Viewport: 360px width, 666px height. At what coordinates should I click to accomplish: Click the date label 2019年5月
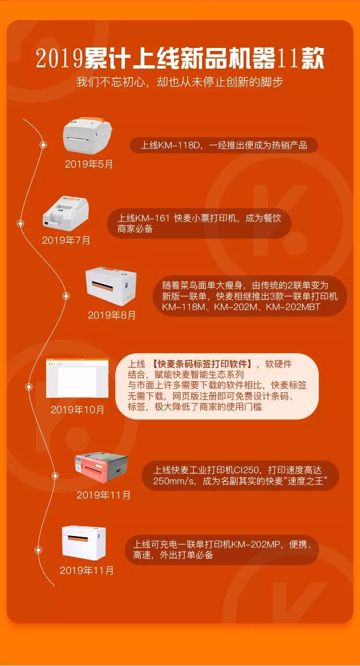(x=89, y=164)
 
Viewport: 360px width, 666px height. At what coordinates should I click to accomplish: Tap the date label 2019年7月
(x=66, y=240)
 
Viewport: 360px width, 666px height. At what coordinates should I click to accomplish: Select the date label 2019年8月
(x=112, y=315)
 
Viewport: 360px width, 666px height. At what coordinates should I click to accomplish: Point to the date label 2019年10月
(x=77, y=410)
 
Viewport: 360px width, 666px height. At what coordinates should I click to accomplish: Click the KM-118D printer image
(x=87, y=136)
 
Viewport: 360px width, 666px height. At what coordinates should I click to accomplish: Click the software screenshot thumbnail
(x=77, y=378)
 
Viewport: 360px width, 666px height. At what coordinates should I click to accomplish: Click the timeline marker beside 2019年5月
(x=43, y=145)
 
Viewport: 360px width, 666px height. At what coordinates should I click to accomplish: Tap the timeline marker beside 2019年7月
(x=21, y=223)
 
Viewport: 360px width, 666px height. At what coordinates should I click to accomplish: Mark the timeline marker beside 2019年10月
(x=29, y=387)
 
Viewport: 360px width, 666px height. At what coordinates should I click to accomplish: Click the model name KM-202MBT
(x=293, y=307)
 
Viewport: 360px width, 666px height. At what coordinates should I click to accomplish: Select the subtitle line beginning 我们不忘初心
(x=180, y=82)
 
